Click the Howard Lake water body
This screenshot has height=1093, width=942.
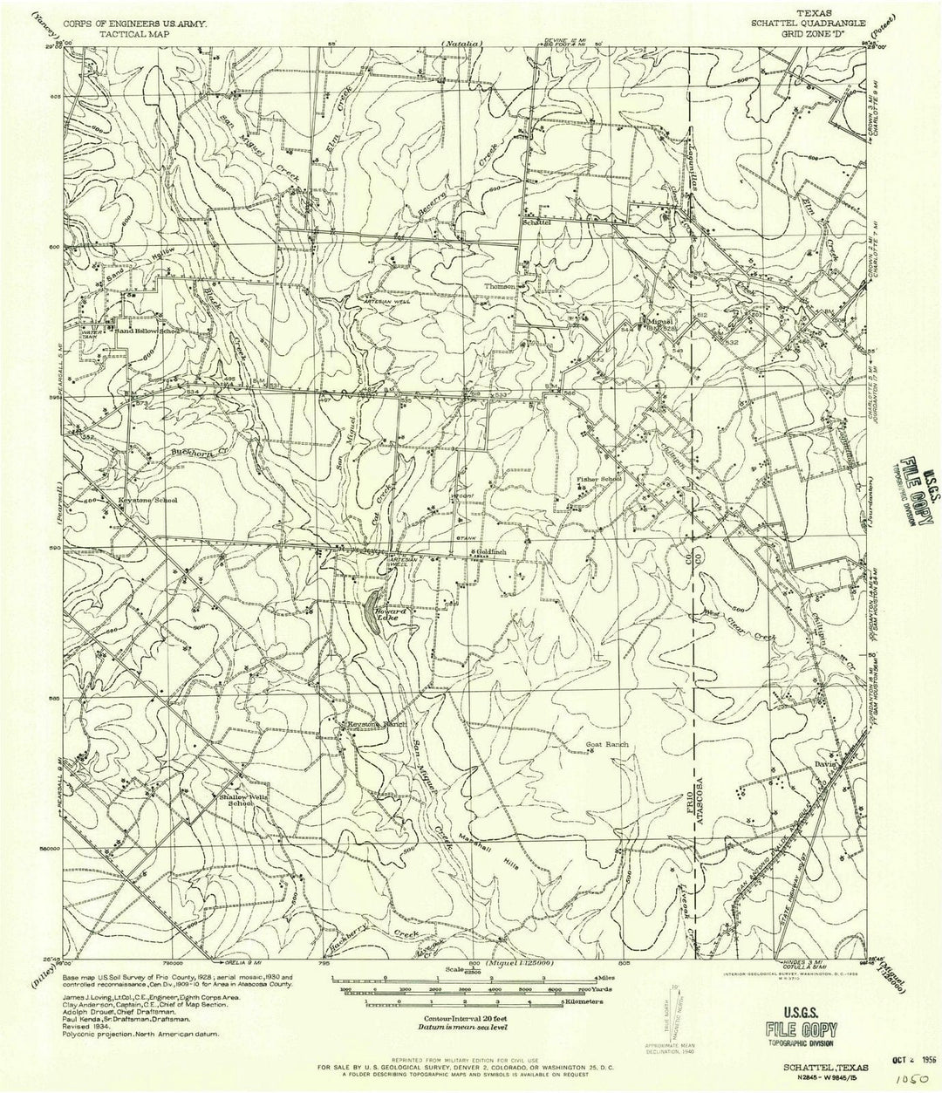[372, 603]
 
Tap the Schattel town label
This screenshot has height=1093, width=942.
[538, 222]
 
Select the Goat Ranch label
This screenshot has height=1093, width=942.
[607, 745]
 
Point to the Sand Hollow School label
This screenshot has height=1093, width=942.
[146, 331]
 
